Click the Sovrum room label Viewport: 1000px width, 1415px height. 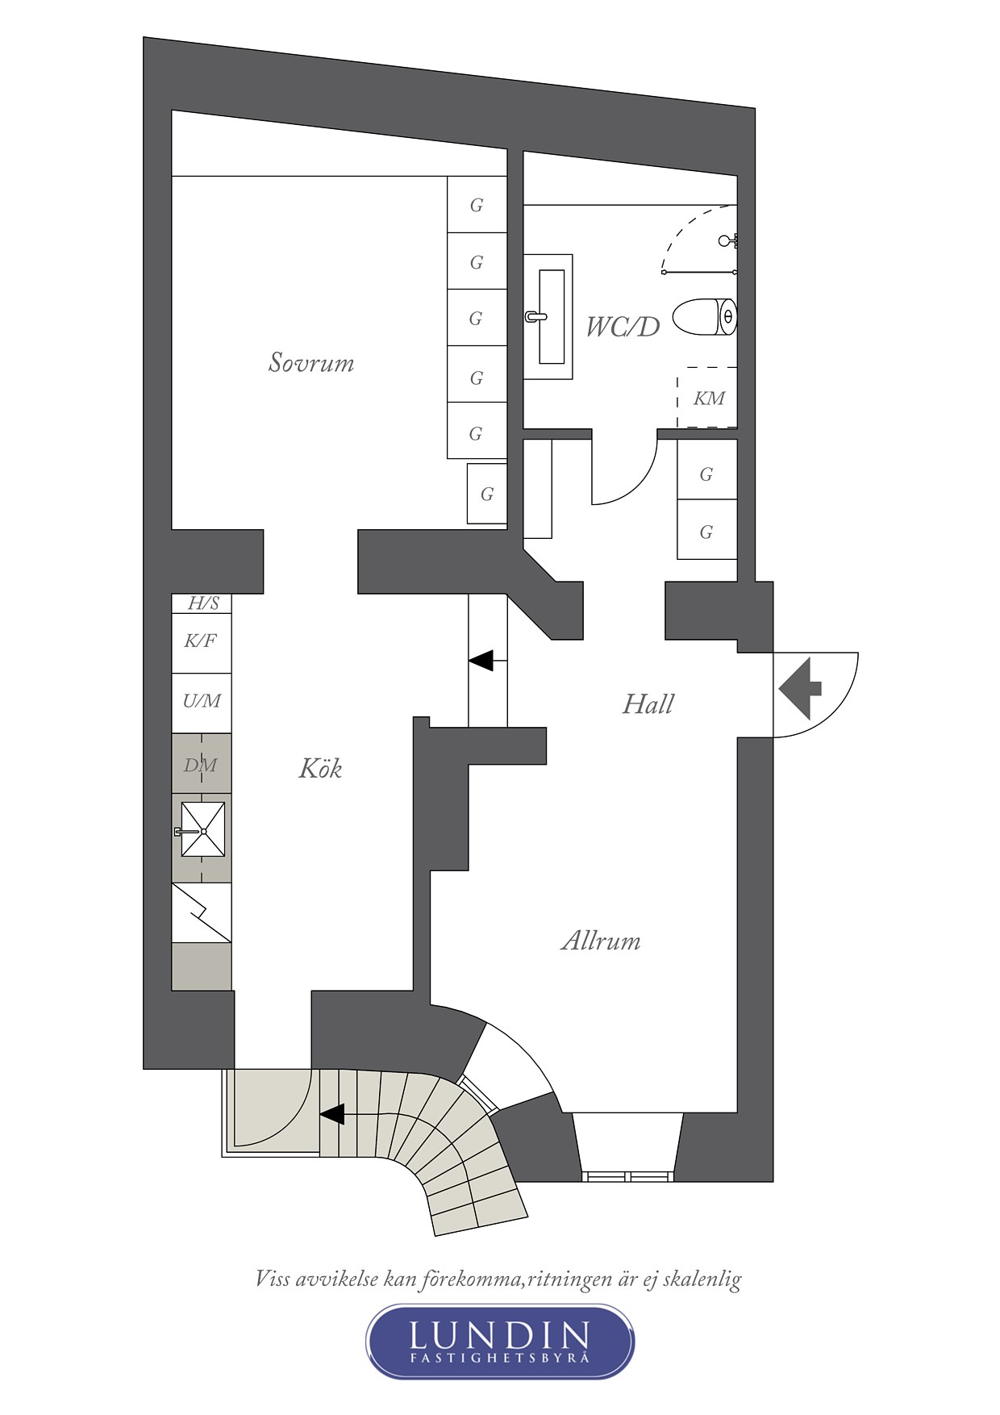pos(311,363)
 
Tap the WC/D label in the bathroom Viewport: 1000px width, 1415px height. pos(622,327)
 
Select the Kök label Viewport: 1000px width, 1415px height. pos(320,768)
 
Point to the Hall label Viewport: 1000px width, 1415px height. pos(648,704)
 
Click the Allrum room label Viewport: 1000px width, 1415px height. pos(601,941)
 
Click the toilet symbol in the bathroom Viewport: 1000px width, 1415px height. pos(705,316)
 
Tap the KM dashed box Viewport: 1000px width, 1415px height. pos(707,398)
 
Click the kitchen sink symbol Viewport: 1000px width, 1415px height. pos(202,830)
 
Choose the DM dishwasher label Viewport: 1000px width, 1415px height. pos(200,765)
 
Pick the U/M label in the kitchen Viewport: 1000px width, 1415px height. pos(201,701)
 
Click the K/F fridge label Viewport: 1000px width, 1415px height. pos(200,641)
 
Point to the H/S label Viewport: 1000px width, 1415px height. pos(203,603)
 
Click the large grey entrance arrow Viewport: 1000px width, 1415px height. pos(801,688)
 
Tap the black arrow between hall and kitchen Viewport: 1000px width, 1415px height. pos(482,661)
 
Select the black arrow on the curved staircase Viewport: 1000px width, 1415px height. pos(332,1114)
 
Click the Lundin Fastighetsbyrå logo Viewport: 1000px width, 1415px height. pos(500,1341)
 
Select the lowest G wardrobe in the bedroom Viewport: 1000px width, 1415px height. pos(487,494)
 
